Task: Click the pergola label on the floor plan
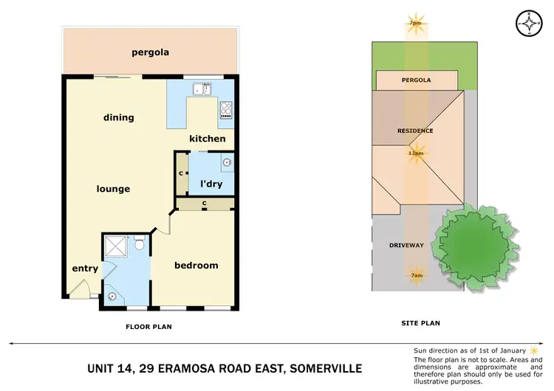[x=150, y=52]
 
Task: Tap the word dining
[x=119, y=117]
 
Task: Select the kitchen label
[x=208, y=139]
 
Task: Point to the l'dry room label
[x=207, y=184]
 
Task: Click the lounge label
[x=113, y=189]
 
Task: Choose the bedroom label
[x=196, y=266]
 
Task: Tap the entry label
[x=85, y=269]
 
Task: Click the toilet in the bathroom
[x=138, y=244]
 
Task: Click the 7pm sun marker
[x=416, y=24]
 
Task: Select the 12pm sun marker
[x=416, y=153]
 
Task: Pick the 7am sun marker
[x=416, y=275]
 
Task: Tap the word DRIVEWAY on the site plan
[x=406, y=245]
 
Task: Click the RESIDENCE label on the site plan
[x=415, y=131]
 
